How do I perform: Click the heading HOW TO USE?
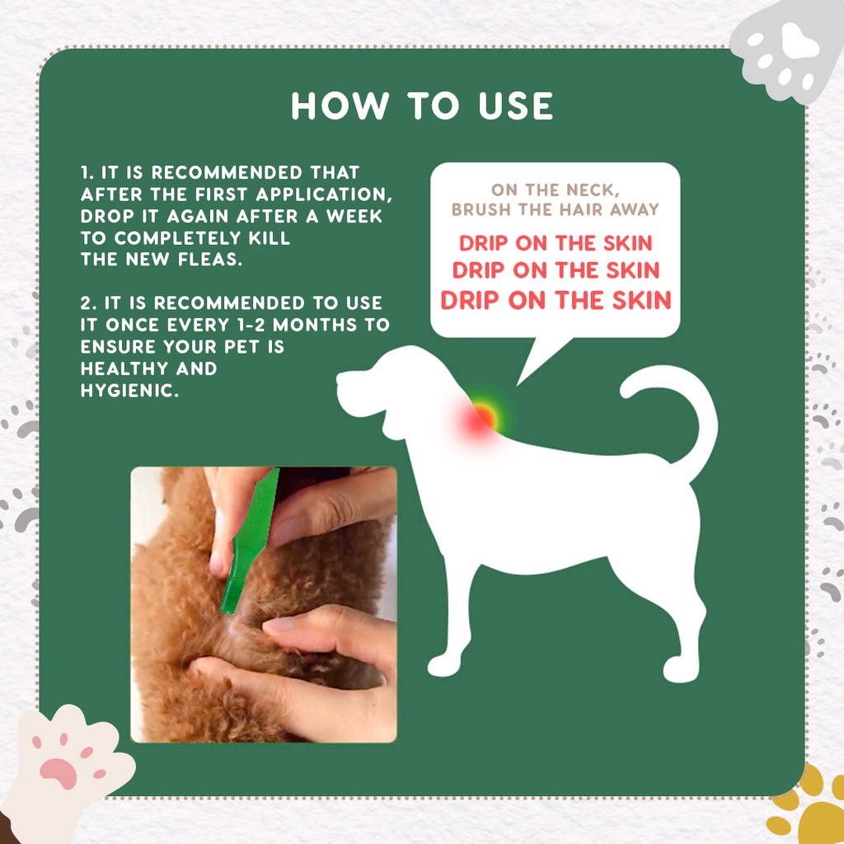(x=421, y=105)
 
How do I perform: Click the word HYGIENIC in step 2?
(x=129, y=390)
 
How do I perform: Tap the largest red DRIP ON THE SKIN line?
(x=556, y=300)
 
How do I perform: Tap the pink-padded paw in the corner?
(x=68, y=764)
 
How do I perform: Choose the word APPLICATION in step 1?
(x=324, y=195)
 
